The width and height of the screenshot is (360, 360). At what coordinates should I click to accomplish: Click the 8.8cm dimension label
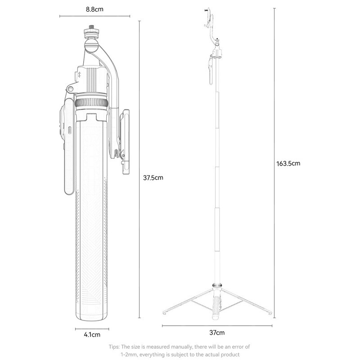[94, 9]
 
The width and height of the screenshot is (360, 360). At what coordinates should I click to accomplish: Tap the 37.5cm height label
[153, 178]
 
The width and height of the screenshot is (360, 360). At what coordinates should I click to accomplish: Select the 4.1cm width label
[92, 334]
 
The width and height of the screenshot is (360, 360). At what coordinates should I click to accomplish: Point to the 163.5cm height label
[288, 163]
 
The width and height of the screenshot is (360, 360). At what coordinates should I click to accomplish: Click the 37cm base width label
[217, 333]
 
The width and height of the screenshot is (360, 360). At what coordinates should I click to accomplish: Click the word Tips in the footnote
[114, 346]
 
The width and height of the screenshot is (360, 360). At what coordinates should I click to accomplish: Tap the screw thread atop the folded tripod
[90, 27]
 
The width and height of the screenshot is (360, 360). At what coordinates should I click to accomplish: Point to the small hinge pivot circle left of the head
[71, 89]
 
